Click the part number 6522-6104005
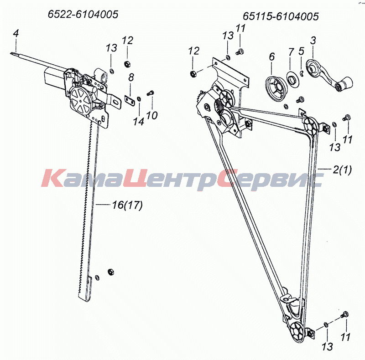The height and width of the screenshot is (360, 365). (83, 15)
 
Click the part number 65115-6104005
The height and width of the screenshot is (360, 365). (281, 16)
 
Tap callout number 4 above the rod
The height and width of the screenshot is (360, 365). (16, 33)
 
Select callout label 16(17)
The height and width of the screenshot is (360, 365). (127, 205)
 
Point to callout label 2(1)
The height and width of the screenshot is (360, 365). (342, 170)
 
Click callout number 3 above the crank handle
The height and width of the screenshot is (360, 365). (313, 41)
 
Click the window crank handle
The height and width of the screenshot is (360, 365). (329, 75)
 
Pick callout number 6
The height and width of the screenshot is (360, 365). (272, 57)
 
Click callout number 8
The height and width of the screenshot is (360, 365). (131, 77)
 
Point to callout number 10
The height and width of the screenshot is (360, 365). (152, 115)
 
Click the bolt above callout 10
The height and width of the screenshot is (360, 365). (150, 93)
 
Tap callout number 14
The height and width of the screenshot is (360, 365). (139, 121)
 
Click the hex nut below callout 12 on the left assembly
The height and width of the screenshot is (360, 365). (127, 63)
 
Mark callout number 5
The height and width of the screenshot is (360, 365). (301, 51)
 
